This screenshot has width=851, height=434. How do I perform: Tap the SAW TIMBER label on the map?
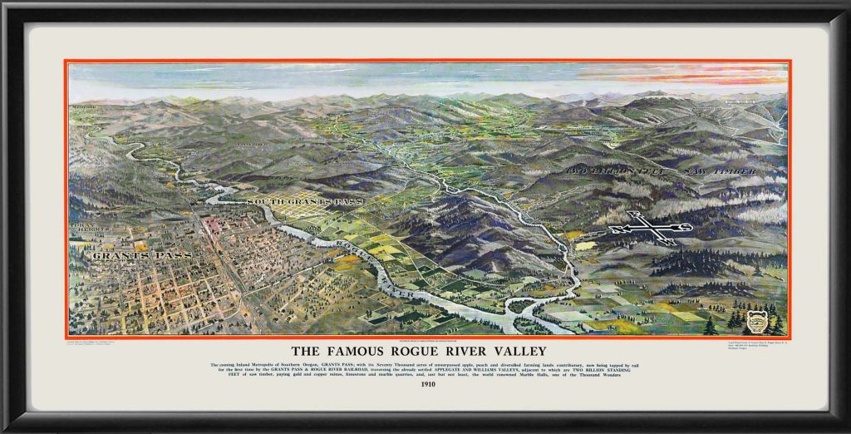pyautogui.click(x=720, y=170)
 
